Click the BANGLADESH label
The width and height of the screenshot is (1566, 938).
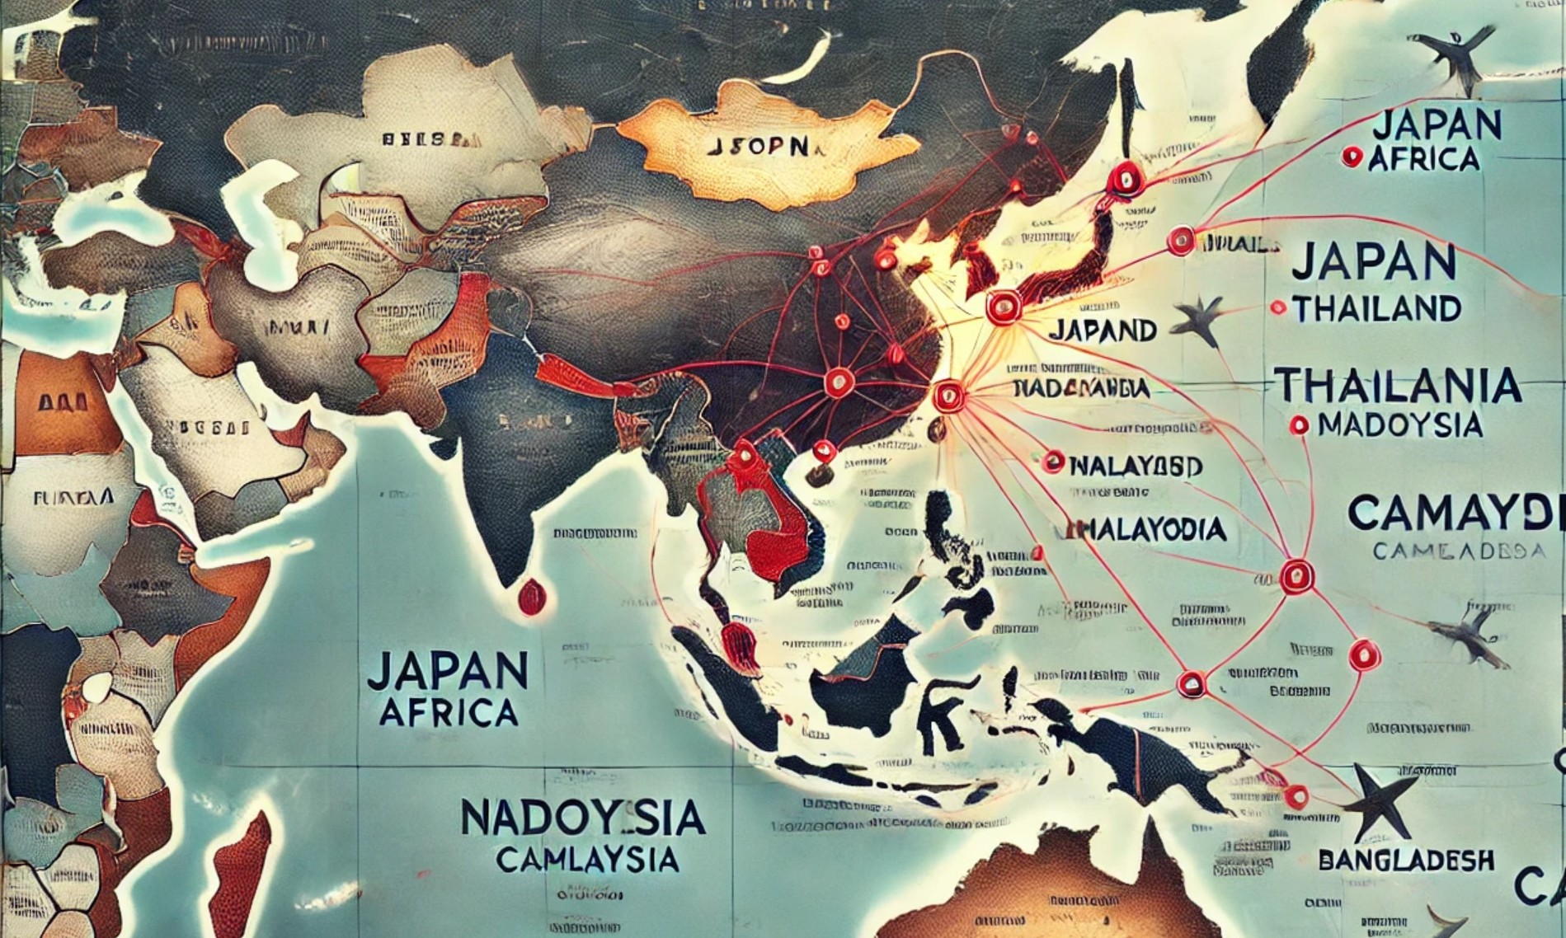coord(1406,861)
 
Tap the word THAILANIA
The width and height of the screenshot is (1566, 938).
coord(1397,386)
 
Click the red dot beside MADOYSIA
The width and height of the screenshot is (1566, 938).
coord(1300,425)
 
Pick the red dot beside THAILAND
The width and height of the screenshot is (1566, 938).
coord(1278,308)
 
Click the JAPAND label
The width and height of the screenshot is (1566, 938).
coord(1104,330)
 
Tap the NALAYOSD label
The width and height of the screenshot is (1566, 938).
coord(1135,464)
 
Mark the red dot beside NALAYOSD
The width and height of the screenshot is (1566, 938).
coord(1052,462)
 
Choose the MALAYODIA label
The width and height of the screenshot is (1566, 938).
coord(1146,529)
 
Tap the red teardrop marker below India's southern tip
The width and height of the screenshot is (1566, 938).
coord(529,595)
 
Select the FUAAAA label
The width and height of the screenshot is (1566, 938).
coord(73,497)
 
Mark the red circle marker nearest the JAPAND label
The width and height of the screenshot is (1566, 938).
coord(1003,307)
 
